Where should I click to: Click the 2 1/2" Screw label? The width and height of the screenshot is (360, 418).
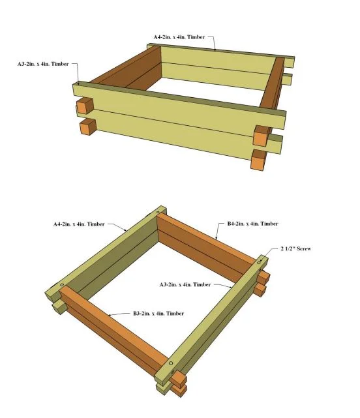[x=295, y=248]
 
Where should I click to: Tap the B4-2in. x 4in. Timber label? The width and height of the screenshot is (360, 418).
[x=252, y=224]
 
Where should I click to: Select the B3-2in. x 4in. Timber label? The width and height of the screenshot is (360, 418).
[x=158, y=313]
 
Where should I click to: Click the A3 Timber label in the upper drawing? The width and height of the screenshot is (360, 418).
[x=43, y=64]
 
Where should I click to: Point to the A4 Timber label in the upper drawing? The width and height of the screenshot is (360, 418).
[x=179, y=37]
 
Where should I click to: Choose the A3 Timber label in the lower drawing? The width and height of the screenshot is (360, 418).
[x=185, y=285]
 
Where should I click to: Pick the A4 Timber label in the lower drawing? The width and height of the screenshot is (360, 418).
[x=79, y=224]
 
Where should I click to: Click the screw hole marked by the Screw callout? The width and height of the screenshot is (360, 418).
[x=259, y=263]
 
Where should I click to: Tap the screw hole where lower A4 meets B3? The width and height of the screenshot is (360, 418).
[x=62, y=285]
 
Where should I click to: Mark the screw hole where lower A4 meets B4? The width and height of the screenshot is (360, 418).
[x=158, y=213]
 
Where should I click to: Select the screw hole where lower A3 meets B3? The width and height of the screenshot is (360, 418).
[x=171, y=363]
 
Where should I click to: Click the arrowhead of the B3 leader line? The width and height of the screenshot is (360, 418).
[x=110, y=316]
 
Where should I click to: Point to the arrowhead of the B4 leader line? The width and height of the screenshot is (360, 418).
[x=216, y=238]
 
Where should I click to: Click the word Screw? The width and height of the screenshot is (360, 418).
[x=304, y=248]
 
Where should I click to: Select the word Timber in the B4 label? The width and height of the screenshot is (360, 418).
[x=269, y=224]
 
